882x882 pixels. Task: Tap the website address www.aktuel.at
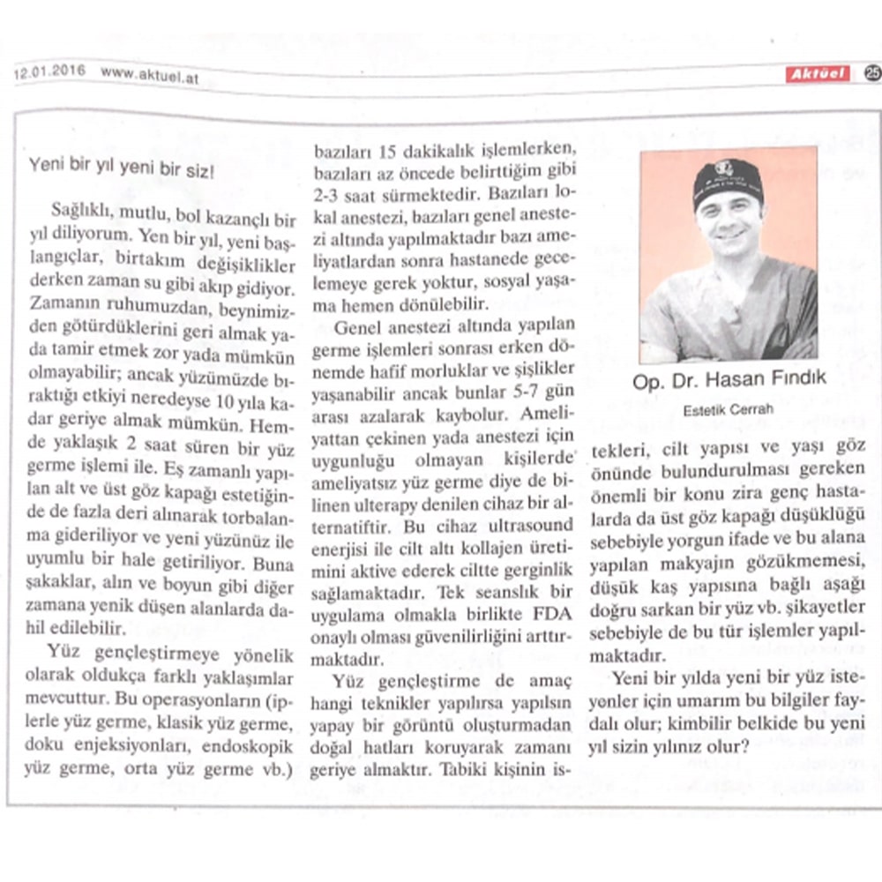pyautogui.click(x=148, y=75)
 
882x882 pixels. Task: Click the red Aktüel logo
pyautogui.click(x=818, y=74)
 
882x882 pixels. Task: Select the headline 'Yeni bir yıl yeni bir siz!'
pyautogui.click(x=121, y=165)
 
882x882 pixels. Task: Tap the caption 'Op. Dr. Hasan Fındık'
pyautogui.click(x=729, y=380)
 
